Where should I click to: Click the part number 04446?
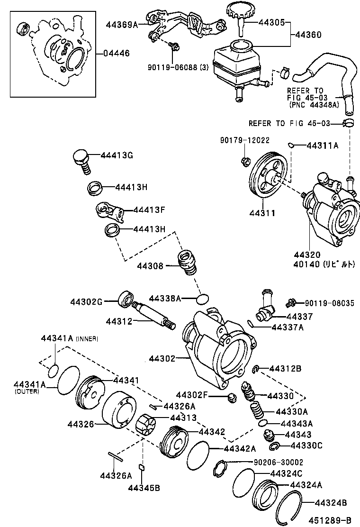click(116, 53)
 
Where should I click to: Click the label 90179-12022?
click(244, 140)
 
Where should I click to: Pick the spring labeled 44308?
click(187, 263)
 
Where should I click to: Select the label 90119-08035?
click(329, 302)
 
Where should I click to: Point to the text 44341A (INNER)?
click(69, 338)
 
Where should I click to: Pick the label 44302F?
click(192, 394)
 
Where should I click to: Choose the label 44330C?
click(306, 445)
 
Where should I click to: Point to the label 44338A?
click(165, 298)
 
